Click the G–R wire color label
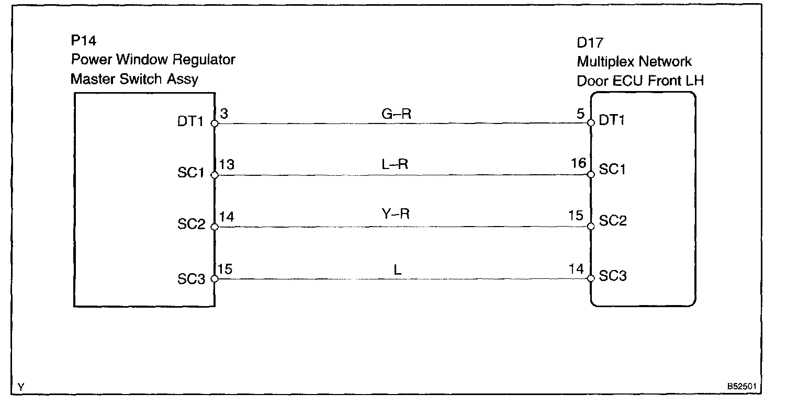tap(397, 114)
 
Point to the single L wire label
tap(398, 271)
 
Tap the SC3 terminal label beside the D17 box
tap(613, 276)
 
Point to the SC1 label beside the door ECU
tap(613, 171)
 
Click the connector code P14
tap(84, 41)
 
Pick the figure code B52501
tap(741, 388)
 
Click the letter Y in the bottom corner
tap(20, 388)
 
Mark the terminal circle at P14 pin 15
tap(214, 279)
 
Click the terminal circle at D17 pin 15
tap(591, 227)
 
